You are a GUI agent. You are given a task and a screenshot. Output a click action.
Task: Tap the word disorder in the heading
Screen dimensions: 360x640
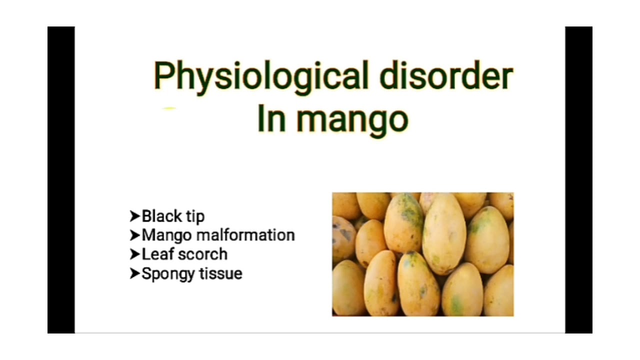(446, 76)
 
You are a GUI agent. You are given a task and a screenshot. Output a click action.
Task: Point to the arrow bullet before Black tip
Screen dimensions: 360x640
(135, 216)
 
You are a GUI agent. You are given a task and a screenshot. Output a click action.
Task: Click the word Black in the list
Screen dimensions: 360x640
(161, 216)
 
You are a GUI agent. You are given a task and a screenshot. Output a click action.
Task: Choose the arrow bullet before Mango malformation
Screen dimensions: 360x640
(135, 235)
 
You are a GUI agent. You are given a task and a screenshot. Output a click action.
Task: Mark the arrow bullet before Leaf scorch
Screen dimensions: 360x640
(135, 254)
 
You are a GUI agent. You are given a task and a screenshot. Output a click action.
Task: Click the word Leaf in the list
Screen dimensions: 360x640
(157, 254)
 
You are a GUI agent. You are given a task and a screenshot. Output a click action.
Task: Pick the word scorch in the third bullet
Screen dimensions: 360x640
(202, 254)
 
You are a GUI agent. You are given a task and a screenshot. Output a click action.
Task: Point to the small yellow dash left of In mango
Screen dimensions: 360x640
(170, 108)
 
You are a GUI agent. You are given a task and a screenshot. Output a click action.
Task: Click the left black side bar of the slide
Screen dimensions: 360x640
(61, 180)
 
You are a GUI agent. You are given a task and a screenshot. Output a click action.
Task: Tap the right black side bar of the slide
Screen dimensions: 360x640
(578, 180)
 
